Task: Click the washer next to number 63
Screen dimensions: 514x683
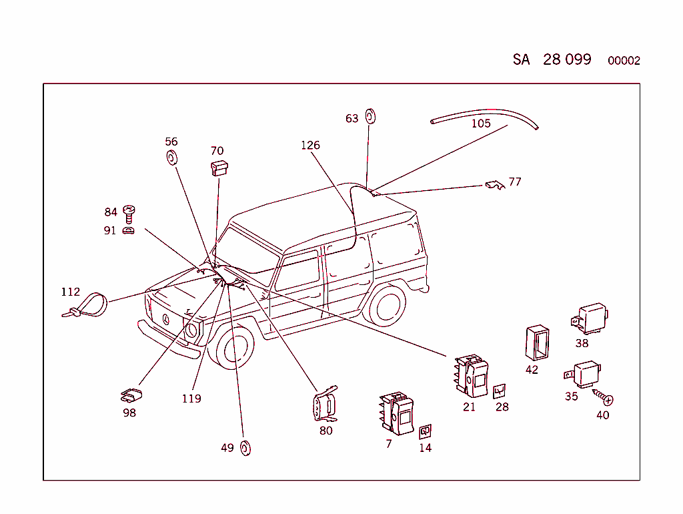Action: (x=371, y=117)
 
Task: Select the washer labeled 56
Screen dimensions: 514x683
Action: (x=171, y=158)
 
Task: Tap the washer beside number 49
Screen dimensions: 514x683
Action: (x=245, y=448)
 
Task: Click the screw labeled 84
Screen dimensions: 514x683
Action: (x=129, y=213)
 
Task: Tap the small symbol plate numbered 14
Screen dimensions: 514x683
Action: (x=425, y=432)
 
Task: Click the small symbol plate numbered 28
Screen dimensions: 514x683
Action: (x=500, y=391)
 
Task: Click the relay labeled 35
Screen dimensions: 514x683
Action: (x=583, y=373)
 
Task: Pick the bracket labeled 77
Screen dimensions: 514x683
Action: (x=494, y=184)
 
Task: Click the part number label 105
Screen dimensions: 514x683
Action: (x=481, y=123)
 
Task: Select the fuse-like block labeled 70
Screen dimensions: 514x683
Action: (x=219, y=168)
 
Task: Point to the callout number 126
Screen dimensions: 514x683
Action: (x=310, y=145)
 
